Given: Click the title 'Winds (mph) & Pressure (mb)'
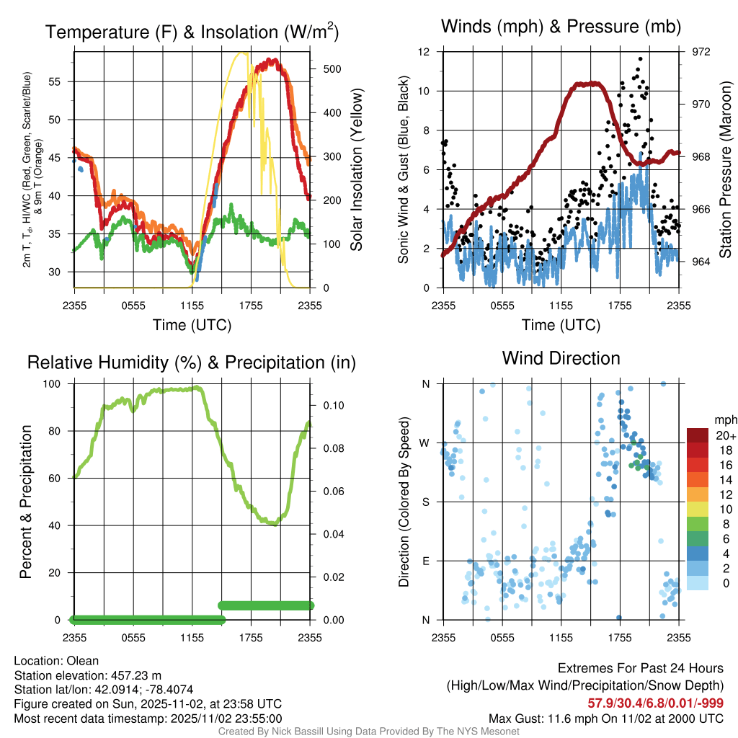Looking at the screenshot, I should tap(561, 27).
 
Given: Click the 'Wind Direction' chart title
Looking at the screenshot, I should tap(561, 358).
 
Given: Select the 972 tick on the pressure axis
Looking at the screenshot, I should tap(701, 52).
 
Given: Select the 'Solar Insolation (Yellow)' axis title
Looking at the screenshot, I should tap(356, 170).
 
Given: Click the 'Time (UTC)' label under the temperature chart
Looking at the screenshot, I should tap(192, 325).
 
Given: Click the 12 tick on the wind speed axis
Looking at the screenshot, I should tap(424, 52).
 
